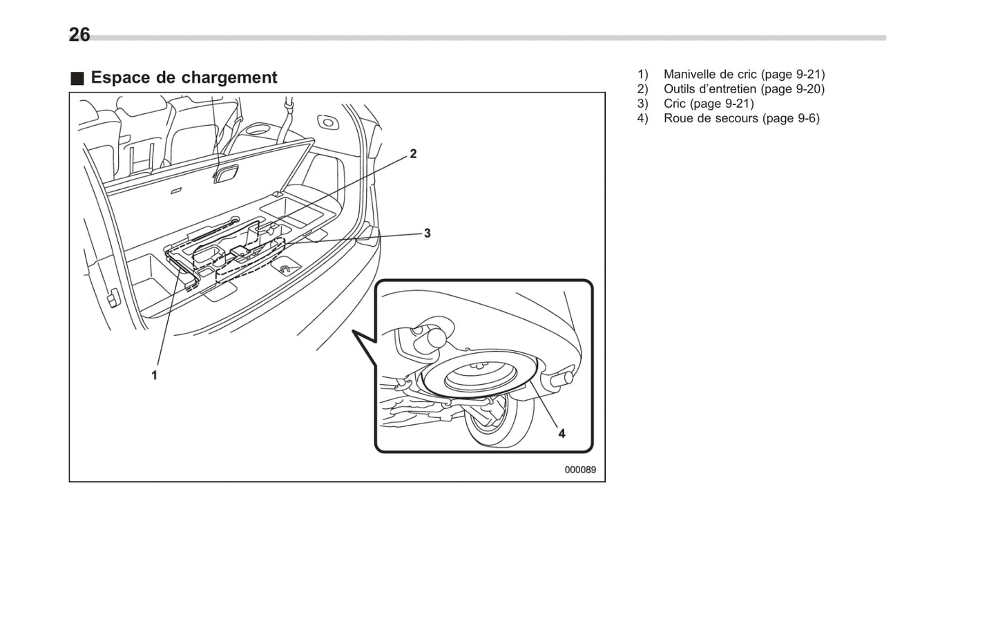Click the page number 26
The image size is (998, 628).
[79, 35]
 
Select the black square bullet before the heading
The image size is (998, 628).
[77, 78]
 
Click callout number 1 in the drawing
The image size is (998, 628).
[154, 375]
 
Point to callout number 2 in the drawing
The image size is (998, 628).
[413, 153]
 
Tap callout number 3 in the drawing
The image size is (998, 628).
[427, 234]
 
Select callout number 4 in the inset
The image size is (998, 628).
[562, 433]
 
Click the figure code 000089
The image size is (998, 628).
[579, 470]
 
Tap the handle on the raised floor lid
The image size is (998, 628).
[225, 175]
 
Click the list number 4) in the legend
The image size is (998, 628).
[643, 118]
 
